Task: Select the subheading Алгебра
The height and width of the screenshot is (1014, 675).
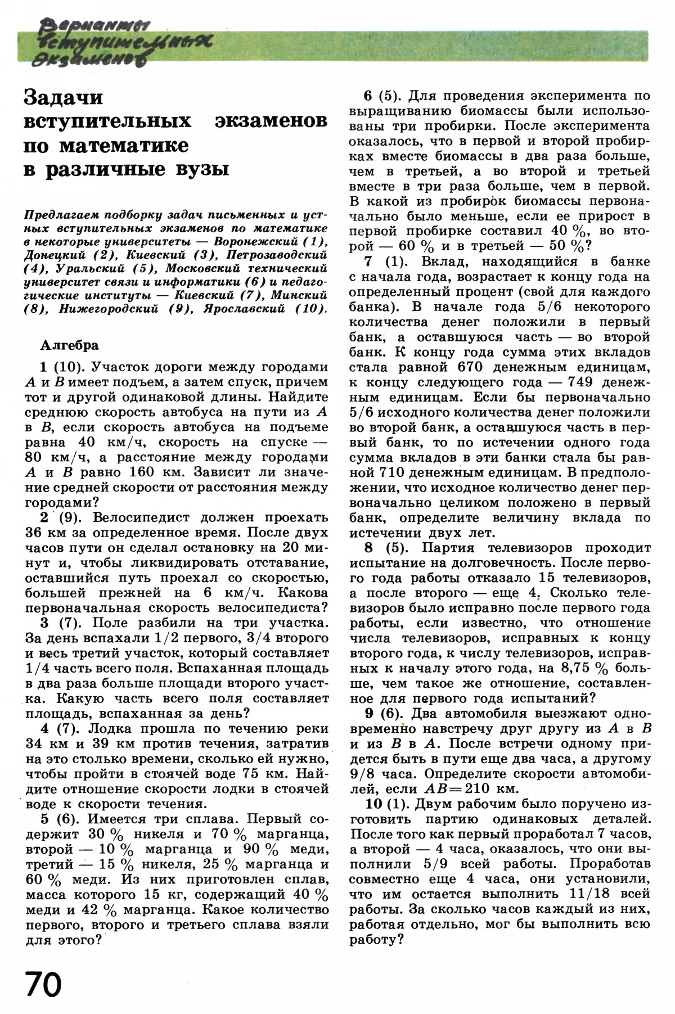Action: point(70,345)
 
